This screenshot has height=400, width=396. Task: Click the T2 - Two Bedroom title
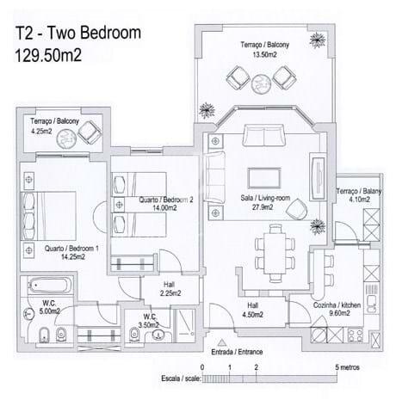[77, 33]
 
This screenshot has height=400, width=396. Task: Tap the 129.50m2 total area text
[48, 55]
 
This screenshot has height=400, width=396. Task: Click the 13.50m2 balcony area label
[264, 54]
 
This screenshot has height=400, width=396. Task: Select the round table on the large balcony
[261, 83]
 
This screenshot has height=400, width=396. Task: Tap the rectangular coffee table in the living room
[264, 178]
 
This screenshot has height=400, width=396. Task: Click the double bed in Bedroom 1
[48, 216]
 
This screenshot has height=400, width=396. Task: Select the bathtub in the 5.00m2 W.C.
[50, 286]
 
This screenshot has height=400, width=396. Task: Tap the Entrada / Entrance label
[237, 352]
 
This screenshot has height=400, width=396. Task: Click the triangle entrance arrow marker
[221, 343]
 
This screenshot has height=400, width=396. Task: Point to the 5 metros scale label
[347, 367]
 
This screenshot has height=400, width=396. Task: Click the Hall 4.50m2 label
[252, 311]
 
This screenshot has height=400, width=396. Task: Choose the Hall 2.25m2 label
[170, 289]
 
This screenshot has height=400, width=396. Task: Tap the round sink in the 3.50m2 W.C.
[158, 335]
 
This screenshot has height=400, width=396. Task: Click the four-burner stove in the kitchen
[356, 335]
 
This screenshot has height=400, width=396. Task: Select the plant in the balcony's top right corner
[318, 40]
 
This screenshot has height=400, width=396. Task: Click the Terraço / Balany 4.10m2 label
[359, 195]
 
